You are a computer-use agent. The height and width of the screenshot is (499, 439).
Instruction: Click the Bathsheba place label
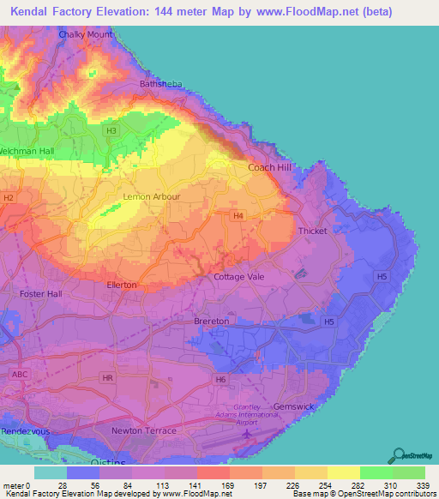click(x=160, y=84)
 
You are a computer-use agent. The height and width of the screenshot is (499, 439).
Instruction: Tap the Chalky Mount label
click(x=86, y=34)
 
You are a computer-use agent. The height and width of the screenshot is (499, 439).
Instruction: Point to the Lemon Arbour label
click(x=152, y=196)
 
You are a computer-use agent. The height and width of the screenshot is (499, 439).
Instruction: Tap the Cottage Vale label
click(x=239, y=277)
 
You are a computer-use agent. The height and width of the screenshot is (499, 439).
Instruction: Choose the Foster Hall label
click(x=41, y=293)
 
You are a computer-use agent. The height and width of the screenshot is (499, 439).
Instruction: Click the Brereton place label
click(x=211, y=321)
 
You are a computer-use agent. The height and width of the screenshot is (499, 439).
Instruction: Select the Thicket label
click(x=312, y=231)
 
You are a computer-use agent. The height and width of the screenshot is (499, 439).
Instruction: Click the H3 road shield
click(x=111, y=130)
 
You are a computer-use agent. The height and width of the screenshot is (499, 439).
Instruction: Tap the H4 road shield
click(x=238, y=217)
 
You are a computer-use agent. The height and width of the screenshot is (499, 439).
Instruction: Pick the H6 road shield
click(x=221, y=378)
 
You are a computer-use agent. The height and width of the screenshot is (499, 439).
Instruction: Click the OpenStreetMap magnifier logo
click(x=398, y=454)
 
